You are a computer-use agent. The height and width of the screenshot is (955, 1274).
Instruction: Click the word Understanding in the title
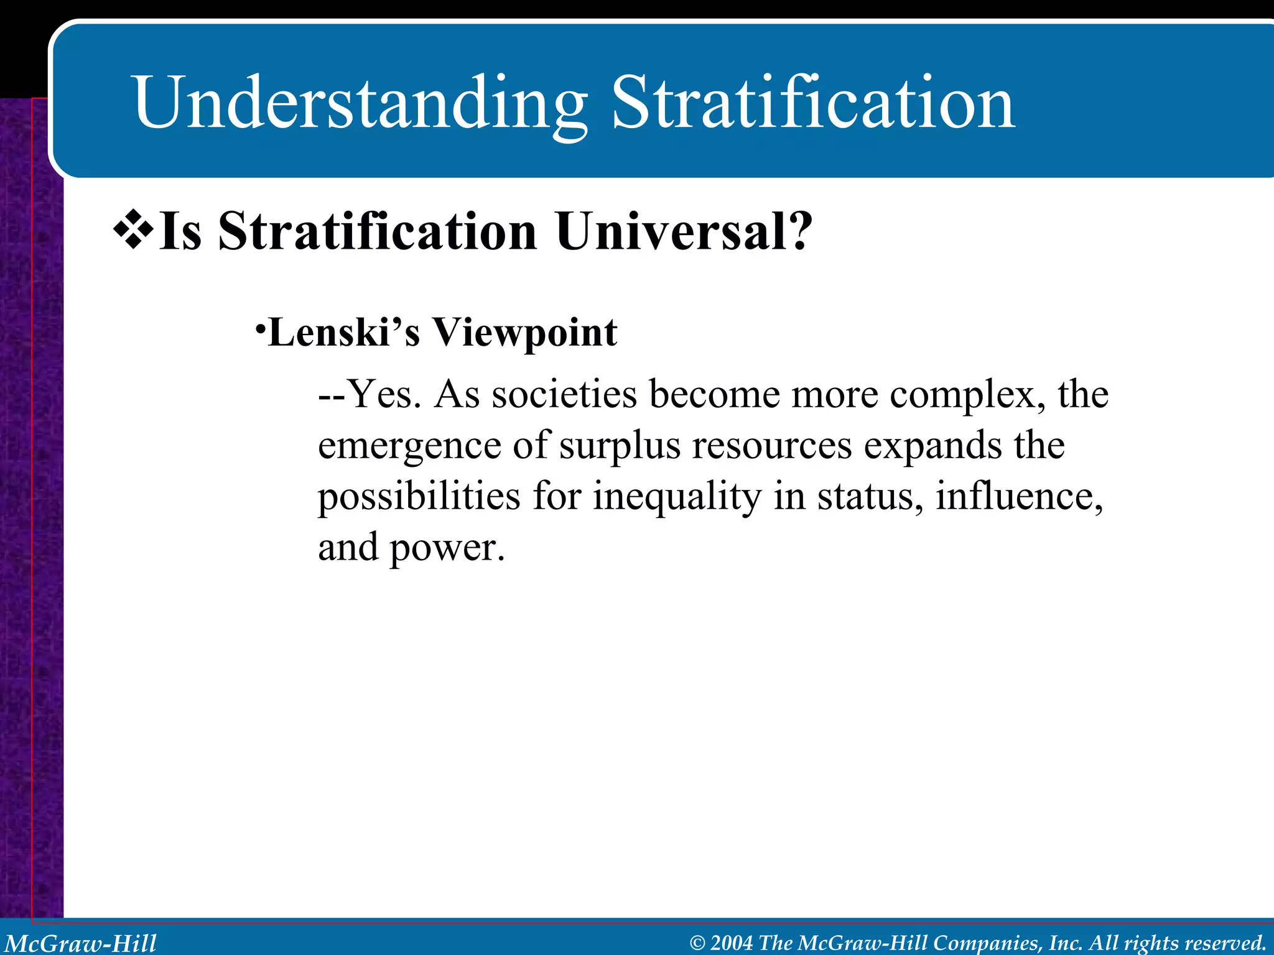pyautogui.click(x=360, y=103)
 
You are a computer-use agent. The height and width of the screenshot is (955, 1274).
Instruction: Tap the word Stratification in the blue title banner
pyautogui.click(x=813, y=103)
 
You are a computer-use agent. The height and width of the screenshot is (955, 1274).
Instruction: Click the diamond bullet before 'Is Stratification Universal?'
pyautogui.click(x=133, y=230)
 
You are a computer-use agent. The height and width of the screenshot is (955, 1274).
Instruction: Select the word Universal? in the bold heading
pyautogui.click(x=684, y=231)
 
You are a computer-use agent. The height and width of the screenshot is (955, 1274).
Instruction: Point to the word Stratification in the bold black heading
pyautogui.click(x=378, y=231)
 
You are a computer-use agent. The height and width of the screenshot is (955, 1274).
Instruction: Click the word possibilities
pyautogui.click(x=419, y=497)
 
